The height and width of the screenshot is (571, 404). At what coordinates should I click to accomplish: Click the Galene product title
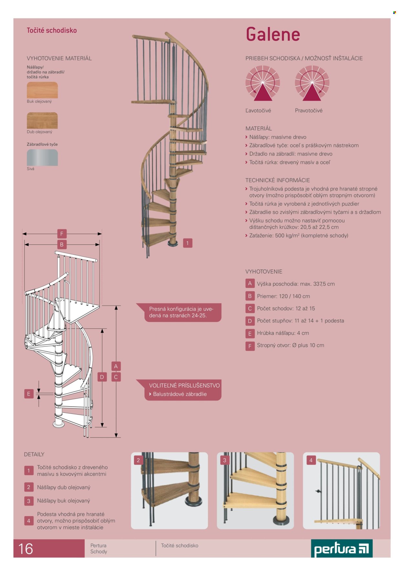pyautogui.click(x=273, y=34)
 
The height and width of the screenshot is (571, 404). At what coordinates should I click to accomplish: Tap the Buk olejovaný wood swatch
pyautogui.click(x=42, y=90)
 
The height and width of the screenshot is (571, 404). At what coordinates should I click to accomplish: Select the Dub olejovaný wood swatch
pyautogui.click(x=42, y=120)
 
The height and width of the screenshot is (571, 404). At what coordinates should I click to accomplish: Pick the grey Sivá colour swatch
pyautogui.click(x=42, y=158)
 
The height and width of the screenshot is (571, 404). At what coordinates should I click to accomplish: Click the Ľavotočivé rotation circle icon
pyautogui.click(x=263, y=83)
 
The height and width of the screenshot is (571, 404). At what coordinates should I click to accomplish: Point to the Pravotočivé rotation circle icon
pyautogui.click(x=312, y=83)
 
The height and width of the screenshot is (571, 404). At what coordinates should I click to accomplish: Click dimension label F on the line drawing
pyautogui.click(x=62, y=234)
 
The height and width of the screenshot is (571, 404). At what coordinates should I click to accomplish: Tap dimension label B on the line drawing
pyautogui.click(x=62, y=244)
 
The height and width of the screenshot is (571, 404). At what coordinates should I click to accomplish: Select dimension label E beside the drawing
pyautogui.click(x=29, y=394)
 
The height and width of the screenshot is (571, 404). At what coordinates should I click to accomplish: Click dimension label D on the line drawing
pyautogui.click(x=102, y=377)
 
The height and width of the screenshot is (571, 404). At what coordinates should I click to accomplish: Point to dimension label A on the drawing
pyautogui.click(x=116, y=366)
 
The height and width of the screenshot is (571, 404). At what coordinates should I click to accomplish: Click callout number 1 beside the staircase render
pyautogui.click(x=187, y=243)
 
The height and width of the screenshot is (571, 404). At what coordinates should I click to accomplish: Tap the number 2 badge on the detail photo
pyautogui.click(x=138, y=460)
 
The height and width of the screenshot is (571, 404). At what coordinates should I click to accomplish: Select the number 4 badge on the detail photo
pyautogui.click(x=311, y=460)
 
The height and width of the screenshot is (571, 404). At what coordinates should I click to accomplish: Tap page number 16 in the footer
pyautogui.click(x=26, y=549)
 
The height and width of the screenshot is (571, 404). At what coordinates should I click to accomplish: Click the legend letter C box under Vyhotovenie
pyautogui.click(x=250, y=308)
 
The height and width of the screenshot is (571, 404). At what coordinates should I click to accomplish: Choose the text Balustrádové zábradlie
pyautogui.click(x=180, y=394)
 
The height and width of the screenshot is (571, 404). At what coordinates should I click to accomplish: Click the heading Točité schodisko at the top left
pyautogui.click(x=52, y=30)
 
